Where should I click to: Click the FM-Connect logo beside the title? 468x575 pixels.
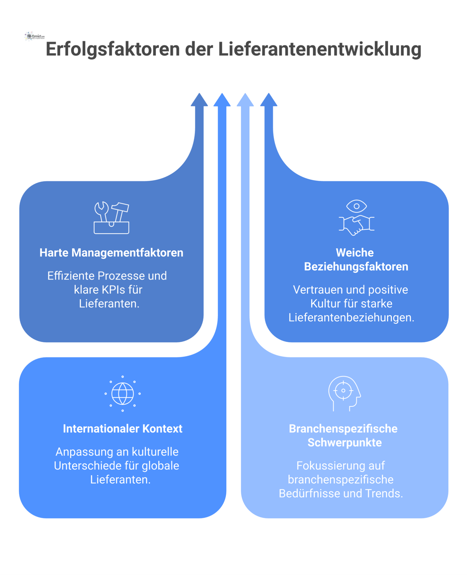(x=35, y=36)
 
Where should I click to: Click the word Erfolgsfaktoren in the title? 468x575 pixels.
(x=112, y=49)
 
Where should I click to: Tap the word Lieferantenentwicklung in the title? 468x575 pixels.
(x=319, y=49)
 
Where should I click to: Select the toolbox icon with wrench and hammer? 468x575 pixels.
(x=111, y=218)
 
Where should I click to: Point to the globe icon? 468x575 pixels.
(x=123, y=393)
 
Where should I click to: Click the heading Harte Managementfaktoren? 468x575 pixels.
(x=111, y=253)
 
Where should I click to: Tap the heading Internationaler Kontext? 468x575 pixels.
(x=123, y=429)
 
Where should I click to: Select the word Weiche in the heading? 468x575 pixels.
(x=354, y=253)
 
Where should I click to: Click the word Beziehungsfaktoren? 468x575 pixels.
(x=356, y=267)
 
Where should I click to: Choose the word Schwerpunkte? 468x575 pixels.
(x=345, y=442)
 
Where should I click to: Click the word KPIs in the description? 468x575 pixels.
(x=113, y=290)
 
